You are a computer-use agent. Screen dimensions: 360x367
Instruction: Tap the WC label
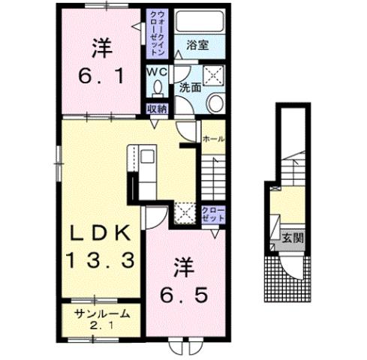coord(157,71)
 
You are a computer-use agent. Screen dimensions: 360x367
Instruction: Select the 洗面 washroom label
coord(189,87)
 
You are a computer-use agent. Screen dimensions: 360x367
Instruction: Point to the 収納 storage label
coord(156,109)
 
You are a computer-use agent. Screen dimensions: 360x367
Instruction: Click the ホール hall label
coord(212,139)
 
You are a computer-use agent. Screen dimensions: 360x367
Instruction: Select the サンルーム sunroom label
coord(102,314)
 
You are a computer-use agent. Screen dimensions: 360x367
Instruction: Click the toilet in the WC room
coord(157,88)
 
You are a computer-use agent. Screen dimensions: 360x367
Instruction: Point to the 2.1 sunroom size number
coord(102,325)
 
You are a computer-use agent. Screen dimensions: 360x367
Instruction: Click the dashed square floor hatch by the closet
coord(185,214)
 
